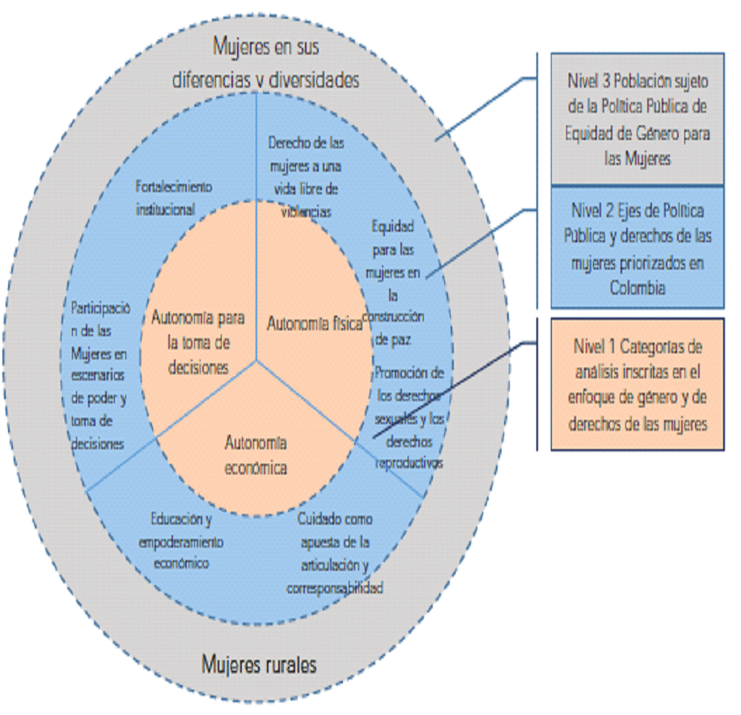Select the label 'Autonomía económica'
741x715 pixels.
click(x=256, y=455)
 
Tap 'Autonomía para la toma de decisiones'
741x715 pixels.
click(x=198, y=343)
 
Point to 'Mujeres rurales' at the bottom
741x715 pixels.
click(x=258, y=665)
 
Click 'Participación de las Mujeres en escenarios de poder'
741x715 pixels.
click(x=98, y=375)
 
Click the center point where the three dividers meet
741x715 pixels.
click(x=257, y=360)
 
